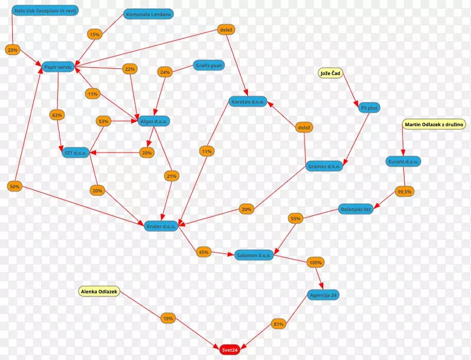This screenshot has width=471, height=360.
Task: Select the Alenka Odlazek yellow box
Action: (x=99, y=291)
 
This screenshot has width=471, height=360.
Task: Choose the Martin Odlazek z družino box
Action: (x=434, y=124)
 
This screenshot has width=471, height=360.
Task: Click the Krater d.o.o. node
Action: (x=161, y=226)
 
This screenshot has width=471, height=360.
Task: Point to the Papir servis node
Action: (x=58, y=68)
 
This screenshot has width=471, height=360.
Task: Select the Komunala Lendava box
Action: (x=148, y=14)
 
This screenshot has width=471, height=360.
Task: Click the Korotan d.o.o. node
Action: (x=248, y=101)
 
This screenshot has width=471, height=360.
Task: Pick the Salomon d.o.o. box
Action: (x=254, y=255)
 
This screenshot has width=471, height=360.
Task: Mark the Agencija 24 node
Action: (x=323, y=295)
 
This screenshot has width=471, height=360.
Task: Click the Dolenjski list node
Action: (x=356, y=209)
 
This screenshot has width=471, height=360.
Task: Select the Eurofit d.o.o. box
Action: (x=403, y=161)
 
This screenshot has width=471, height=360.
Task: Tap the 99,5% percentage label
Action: (x=404, y=191)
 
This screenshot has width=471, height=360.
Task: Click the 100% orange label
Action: (x=316, y=262)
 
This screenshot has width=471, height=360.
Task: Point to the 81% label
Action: (x=278, y=323)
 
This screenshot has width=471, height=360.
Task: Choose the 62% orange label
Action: (x=57, y=114)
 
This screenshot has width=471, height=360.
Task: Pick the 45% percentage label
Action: (x=204, y=252)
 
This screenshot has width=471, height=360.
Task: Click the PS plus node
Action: (x=369, y=108)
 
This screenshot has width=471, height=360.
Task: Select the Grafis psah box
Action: (x=208, y=65)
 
